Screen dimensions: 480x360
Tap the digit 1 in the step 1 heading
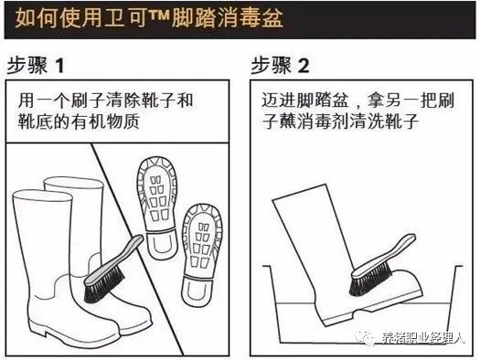coord(60,66)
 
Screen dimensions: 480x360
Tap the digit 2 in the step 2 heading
coord(304,66)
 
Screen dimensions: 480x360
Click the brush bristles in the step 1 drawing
coord(104,288)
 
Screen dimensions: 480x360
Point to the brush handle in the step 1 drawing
coord(114,260)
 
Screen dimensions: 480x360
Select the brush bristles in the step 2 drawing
coord(369,280)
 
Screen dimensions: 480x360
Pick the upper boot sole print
coord(157,208)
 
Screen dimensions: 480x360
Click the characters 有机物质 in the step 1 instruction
coord(105,122)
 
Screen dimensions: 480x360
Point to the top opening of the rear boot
coord(73,183)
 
